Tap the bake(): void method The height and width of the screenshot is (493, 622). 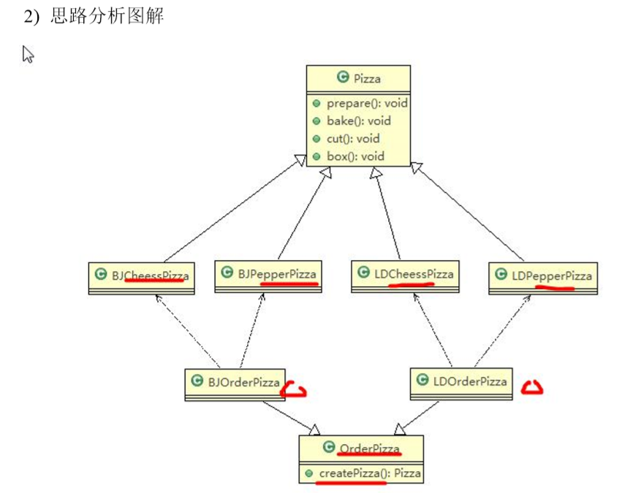pos(358,121)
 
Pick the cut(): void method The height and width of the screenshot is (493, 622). pos(353,138)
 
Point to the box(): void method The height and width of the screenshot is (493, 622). pos(355,156)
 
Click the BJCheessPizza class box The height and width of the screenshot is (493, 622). pos(142,277)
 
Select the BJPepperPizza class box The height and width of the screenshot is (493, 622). pos(268,275)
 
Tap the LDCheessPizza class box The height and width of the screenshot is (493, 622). pos(405,275)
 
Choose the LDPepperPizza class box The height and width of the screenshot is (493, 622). pos(542,277)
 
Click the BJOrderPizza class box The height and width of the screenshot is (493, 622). pos(235,382)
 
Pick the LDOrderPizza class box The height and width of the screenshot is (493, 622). pos(460,382)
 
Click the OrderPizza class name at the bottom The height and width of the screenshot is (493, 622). pos(369,448)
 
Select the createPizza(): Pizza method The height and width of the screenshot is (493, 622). pos(369,473)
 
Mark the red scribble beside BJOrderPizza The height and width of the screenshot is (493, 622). pos(294,389)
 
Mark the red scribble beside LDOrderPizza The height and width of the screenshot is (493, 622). pos(532,388)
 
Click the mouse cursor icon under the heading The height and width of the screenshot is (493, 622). pos(28,54)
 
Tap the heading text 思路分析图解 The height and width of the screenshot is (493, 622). pos(107,16)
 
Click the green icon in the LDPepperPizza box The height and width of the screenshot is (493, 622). pos(501,275)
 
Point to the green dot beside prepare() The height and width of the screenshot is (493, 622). pos(316,103)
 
